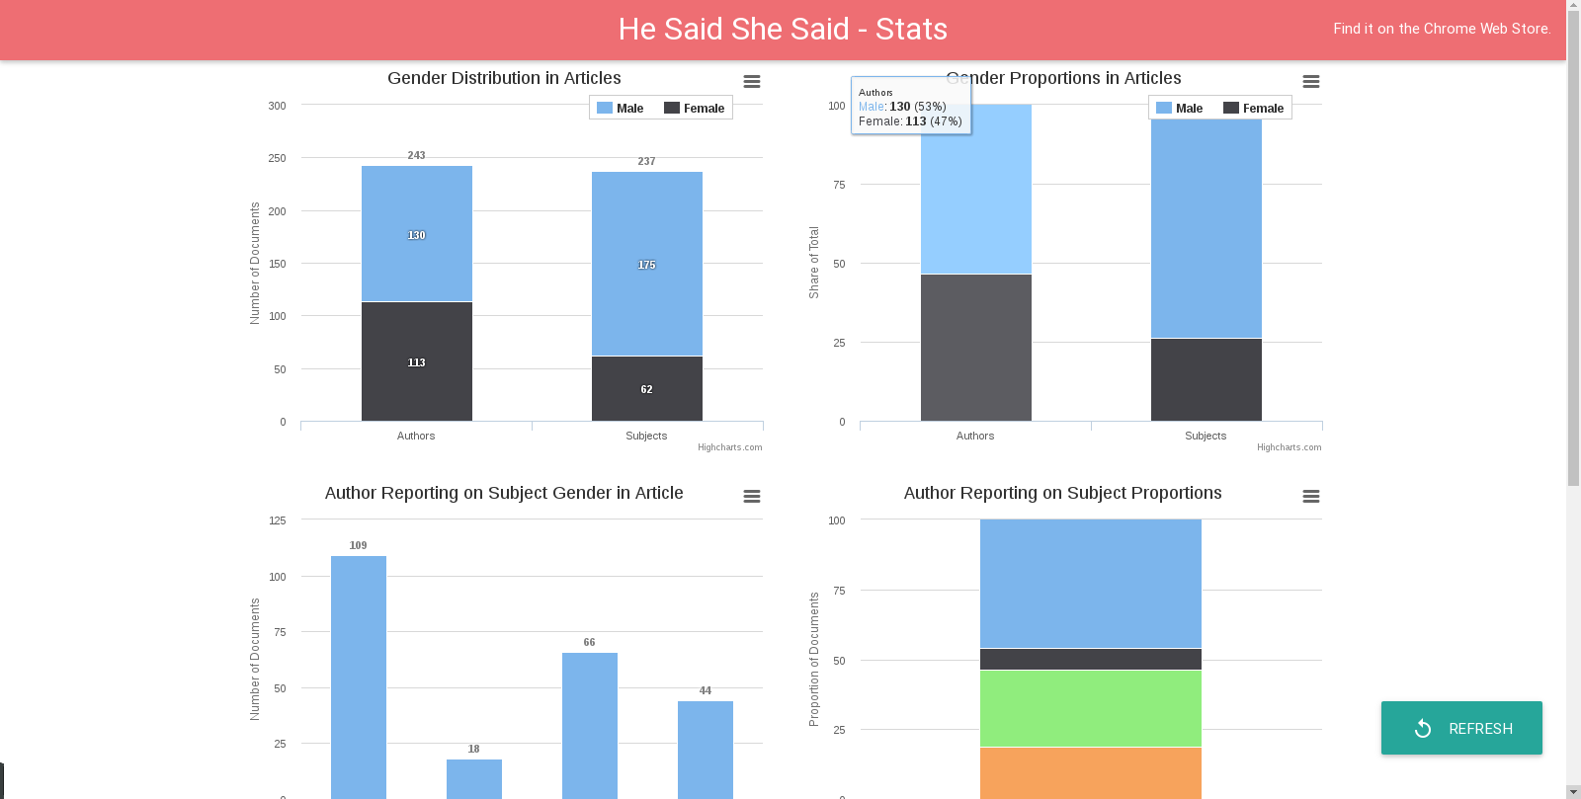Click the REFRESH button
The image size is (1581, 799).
coord(1461,728)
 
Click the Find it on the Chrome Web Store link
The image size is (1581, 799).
coord(1442,29)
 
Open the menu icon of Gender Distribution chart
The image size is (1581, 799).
coord(752,82)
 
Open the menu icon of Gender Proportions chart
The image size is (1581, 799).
coord(1311,82)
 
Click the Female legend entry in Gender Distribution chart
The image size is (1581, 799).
coord(694,109)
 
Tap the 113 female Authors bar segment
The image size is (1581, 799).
coord(417,361)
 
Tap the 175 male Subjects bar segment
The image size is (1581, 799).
coord(647,264)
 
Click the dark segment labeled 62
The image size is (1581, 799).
coord(647,388)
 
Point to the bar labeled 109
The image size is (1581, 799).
coord(359,672)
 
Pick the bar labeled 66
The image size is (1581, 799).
coord(590,721)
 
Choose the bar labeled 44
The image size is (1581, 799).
coord(706,746)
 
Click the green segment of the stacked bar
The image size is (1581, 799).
coord(1091,708)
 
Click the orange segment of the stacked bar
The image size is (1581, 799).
coord(1091,772)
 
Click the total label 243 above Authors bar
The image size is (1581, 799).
coord(417,155)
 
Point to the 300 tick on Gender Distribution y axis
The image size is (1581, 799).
coord(278,106)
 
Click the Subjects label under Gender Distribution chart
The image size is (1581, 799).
coord(646,436)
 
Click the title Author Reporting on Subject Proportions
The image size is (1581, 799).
coord(1062,493)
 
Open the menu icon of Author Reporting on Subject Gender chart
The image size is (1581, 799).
coord(752,497)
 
